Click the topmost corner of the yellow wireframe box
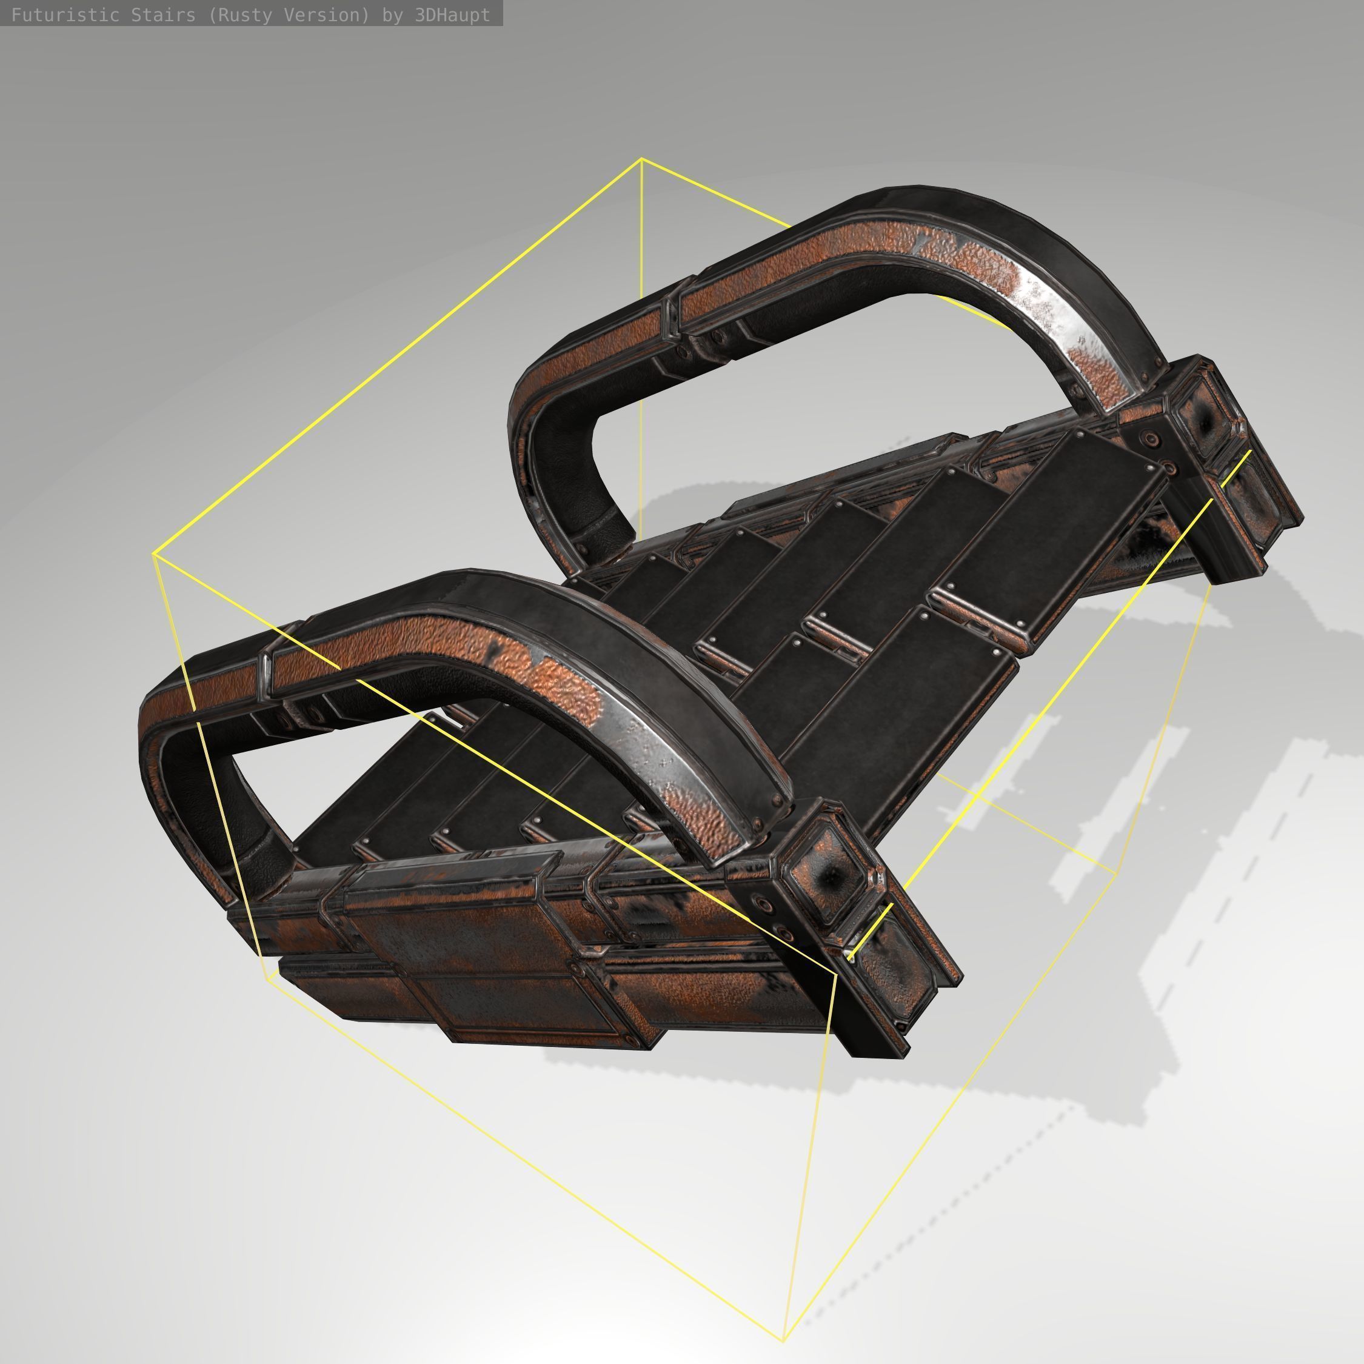click(641, 159)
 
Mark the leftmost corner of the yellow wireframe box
click(154, 554)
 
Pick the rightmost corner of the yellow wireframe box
click(1118, 874)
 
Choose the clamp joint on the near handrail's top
click(267, 674)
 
